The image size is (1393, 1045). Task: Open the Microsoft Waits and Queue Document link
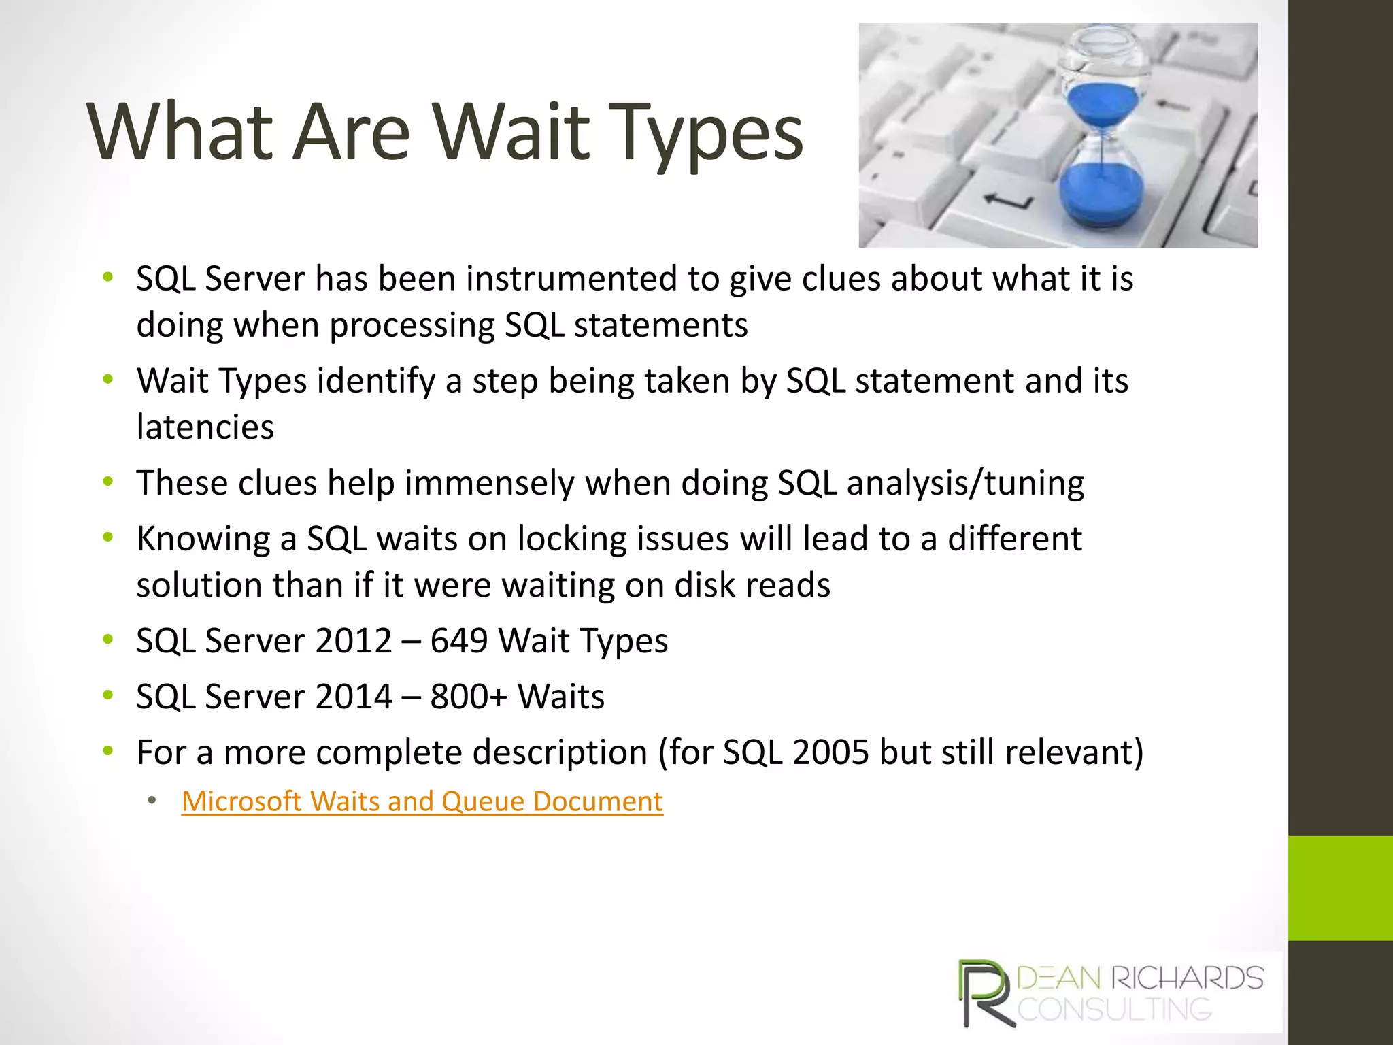[422, 801]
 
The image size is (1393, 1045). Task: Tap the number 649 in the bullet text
[458, 641]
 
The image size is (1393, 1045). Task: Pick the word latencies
[205, 427]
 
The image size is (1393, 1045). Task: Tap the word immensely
[490, 483]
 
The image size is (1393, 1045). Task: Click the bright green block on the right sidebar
[1340, 888]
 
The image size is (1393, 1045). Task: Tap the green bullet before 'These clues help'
[107, 482]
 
